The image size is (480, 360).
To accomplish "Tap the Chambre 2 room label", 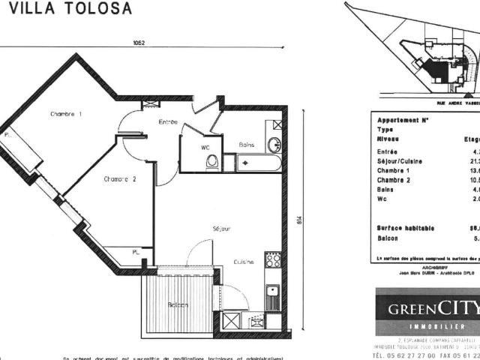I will (120, 178).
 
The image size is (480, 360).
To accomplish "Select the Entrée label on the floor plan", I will (168, 121).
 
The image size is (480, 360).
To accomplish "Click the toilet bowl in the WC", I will (212, 161).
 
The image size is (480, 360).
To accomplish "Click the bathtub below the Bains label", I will (259, 163).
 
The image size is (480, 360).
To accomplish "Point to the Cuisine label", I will (243, 262).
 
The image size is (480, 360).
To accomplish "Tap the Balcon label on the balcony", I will (178, 304).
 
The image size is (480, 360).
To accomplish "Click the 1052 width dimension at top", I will (139, 43).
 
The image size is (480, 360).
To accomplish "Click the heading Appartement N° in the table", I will (403, 120).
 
